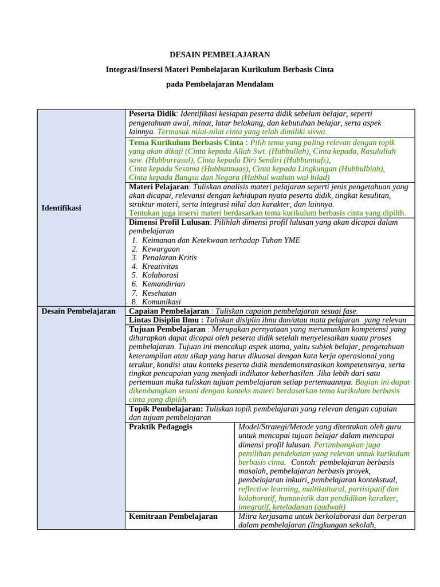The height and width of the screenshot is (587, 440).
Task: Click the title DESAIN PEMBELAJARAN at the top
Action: pos(219,54)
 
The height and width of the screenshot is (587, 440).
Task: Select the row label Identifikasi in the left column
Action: pos(61,208)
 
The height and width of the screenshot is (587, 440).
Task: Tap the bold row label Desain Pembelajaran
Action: pos(78,311)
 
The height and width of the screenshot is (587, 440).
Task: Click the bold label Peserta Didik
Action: pos(152,114)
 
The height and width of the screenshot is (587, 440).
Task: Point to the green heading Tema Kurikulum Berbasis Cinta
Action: pos(188,143)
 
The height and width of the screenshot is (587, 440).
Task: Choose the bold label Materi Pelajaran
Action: pos(159,187)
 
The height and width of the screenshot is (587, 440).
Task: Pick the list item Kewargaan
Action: pos(160,249)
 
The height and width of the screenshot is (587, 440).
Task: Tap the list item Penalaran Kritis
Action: pos(169,258)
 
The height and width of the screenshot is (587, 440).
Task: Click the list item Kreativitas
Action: pos(160,267)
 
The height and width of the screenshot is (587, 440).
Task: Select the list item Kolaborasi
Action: pos(160,275)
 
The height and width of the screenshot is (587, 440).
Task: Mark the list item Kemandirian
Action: pos(163,284)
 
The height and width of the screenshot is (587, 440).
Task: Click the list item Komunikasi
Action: pos(161,302)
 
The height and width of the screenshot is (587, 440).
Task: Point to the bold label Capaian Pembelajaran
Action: pos(168,311)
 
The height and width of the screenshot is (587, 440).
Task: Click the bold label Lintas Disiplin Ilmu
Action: pos(166,320)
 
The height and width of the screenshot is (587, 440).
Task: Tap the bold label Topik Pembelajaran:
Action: pos(166,409)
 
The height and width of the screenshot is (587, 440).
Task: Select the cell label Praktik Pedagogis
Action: pos(160,427)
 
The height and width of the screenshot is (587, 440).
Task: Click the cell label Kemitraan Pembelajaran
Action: pos(173,516)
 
